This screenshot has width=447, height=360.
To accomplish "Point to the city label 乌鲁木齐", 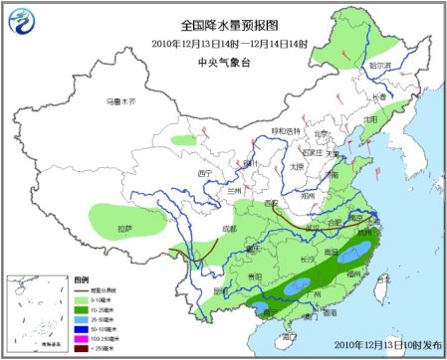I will pos(120,101).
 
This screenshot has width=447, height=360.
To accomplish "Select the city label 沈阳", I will pos(370,118).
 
